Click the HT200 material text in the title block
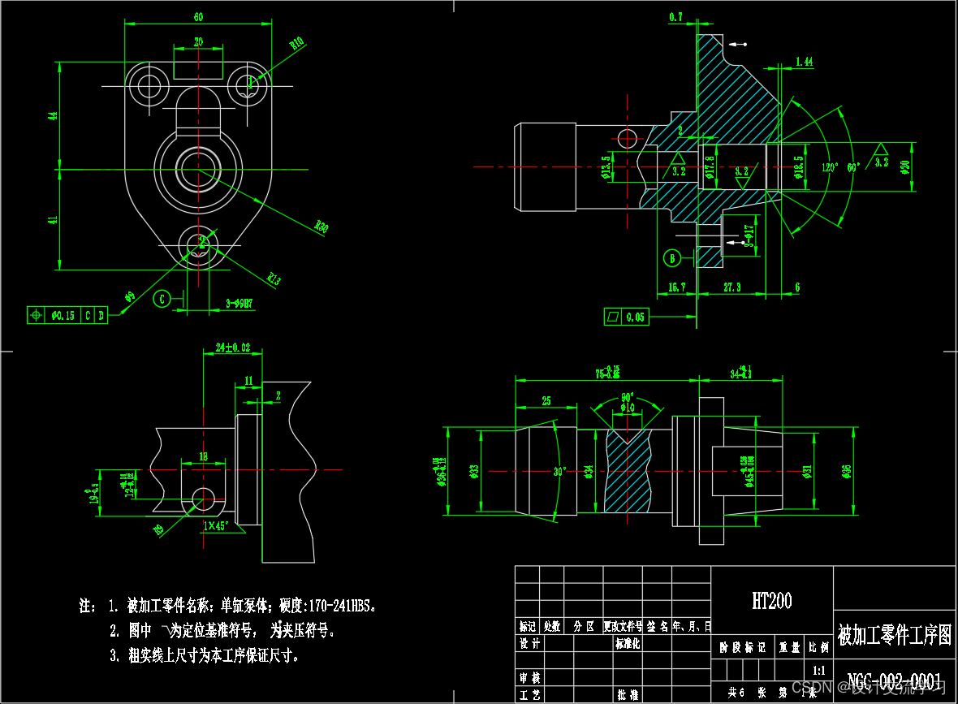pyautogui.click(x=771, y=601)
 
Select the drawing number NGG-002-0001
pyautogui.click(x=894, y=680)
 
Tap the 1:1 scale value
pyautogui.click(x=818, y=671)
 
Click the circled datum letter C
pyautogui.click(x=162, y=299)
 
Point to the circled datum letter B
pyautogui.click(x=672, y=258)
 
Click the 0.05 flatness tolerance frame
pyautogui.click(x=628, y=317)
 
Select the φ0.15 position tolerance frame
pyautogui.click(x=67, y=315)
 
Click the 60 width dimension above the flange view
pyautogui.click(x=198, y=17)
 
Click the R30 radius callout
pyautogui.click(x=321, y=227)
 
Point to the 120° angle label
pyautogui.click(x=829, y=167)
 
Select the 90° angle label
pyautogui.click(x=627, y=397)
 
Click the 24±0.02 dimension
pyautogui.click(x=233, y=348)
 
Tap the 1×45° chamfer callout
pyautogui.click(x=217, y=525)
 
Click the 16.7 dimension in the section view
pyautogui.click(x=677, y=287)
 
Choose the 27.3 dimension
pyautogui.click(x=731, y=287)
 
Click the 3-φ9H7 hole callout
pyautogui.click(x=239, y=304)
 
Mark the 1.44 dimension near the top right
pyautogui.click(x=805, y=62)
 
